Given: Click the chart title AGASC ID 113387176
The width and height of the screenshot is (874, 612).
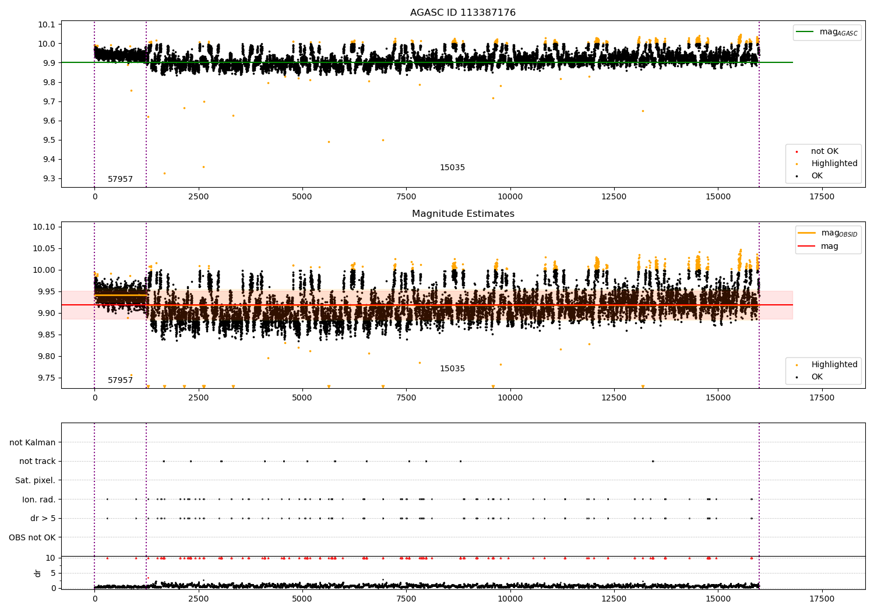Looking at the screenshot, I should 463,12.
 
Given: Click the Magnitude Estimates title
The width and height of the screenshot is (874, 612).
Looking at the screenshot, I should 463,214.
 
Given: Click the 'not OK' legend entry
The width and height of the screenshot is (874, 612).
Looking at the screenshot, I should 824,152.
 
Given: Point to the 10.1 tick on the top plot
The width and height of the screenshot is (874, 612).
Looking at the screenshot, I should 46,24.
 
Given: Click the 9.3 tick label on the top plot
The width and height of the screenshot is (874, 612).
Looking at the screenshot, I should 48,179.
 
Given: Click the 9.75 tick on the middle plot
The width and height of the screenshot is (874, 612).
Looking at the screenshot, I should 46,378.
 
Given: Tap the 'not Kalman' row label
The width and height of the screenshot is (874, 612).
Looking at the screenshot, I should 33,442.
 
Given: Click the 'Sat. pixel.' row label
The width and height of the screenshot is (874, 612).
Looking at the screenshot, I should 35,480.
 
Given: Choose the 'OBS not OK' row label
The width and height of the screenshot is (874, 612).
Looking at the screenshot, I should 32,537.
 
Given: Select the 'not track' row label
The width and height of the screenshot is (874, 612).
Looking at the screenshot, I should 37,461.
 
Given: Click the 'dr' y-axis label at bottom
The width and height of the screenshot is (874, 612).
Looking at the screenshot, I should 38,573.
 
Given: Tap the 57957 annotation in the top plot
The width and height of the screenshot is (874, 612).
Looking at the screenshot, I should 120,179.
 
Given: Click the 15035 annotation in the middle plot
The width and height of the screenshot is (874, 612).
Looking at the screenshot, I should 452,368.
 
